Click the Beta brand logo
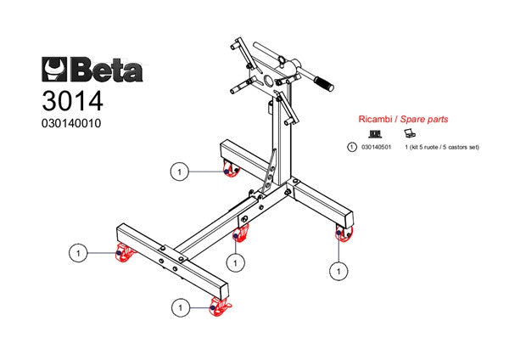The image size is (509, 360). pos(92,67)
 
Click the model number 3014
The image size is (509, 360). pos(71,101)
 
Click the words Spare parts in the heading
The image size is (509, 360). pos(424,121)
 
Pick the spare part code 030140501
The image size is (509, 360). pos(375,147)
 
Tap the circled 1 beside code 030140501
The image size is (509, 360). pos(352,147)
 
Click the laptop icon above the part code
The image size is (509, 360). pos(375,134)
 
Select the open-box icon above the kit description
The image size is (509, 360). pos(408,134)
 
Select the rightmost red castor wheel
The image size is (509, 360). pos(344,234)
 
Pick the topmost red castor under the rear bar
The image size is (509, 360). pos(229,171)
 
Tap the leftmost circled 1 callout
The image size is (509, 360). pos(78,253)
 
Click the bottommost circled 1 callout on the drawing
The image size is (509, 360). pos(179,306)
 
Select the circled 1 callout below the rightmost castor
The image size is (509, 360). pos(338,271)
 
